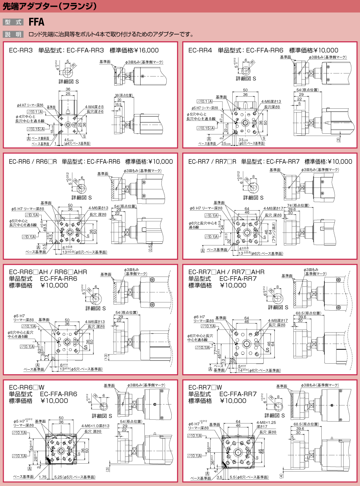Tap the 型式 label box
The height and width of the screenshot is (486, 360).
(13, 22)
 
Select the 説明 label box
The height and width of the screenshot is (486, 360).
(13, 34)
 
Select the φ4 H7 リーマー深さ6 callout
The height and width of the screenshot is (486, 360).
(30, 105)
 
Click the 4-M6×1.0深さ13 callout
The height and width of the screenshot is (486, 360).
(95, 426)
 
